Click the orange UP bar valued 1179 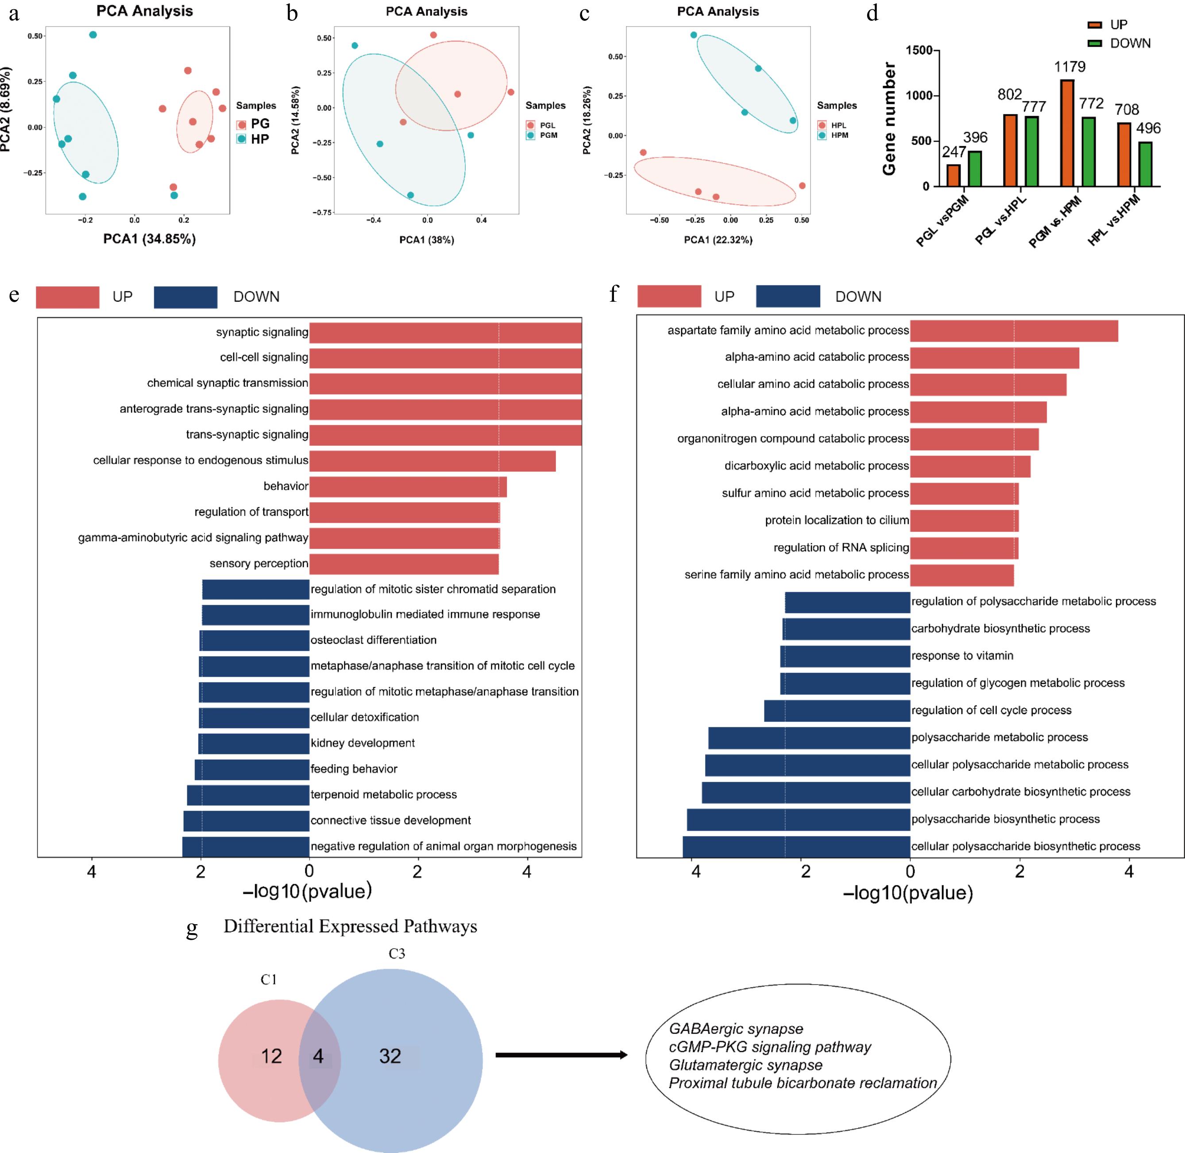click(x=1067, y=133)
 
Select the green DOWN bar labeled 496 click(x=1145, y=164)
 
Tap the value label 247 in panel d click(x=953, y=151)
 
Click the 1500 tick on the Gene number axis click(x=919, y=50)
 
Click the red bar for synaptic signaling click(x=445, y=332)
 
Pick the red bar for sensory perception click(x=404, y=564)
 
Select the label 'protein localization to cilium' click(x=837, y=521)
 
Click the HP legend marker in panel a click(x=242, y=139)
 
